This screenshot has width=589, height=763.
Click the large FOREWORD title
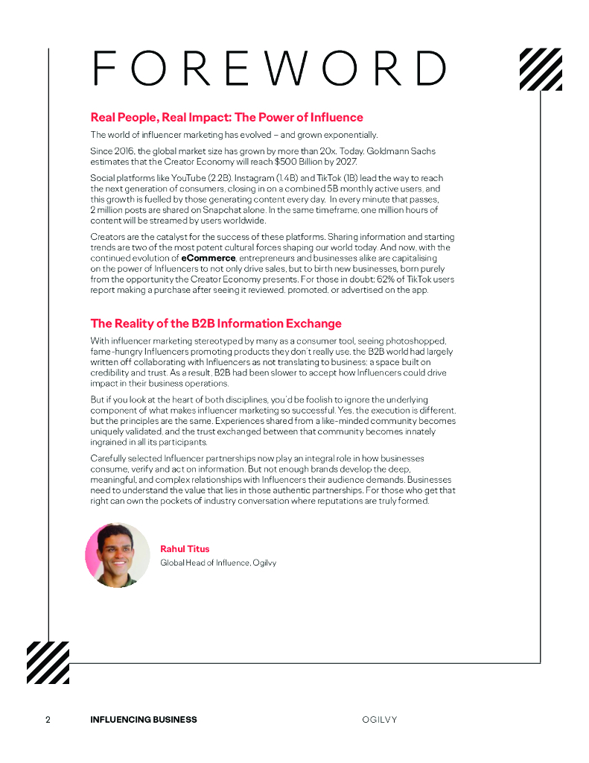click(x=269, y=69)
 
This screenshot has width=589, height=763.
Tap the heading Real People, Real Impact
click(x=226, y=118)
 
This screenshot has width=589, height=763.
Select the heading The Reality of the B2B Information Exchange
click(x=216, y=323)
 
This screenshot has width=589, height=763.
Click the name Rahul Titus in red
click(x=185, y=549)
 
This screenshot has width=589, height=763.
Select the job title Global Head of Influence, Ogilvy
click(x=218, y=563)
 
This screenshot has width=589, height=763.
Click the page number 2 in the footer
click(x=48, y=720)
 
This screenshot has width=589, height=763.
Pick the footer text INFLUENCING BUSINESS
click(x=144, y=720)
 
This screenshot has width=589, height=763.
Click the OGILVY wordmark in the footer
click(x=379, y=720)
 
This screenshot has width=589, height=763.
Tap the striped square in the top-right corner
click(x=540, y=69)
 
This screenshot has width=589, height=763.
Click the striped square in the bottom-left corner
click(x=48, y=662)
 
